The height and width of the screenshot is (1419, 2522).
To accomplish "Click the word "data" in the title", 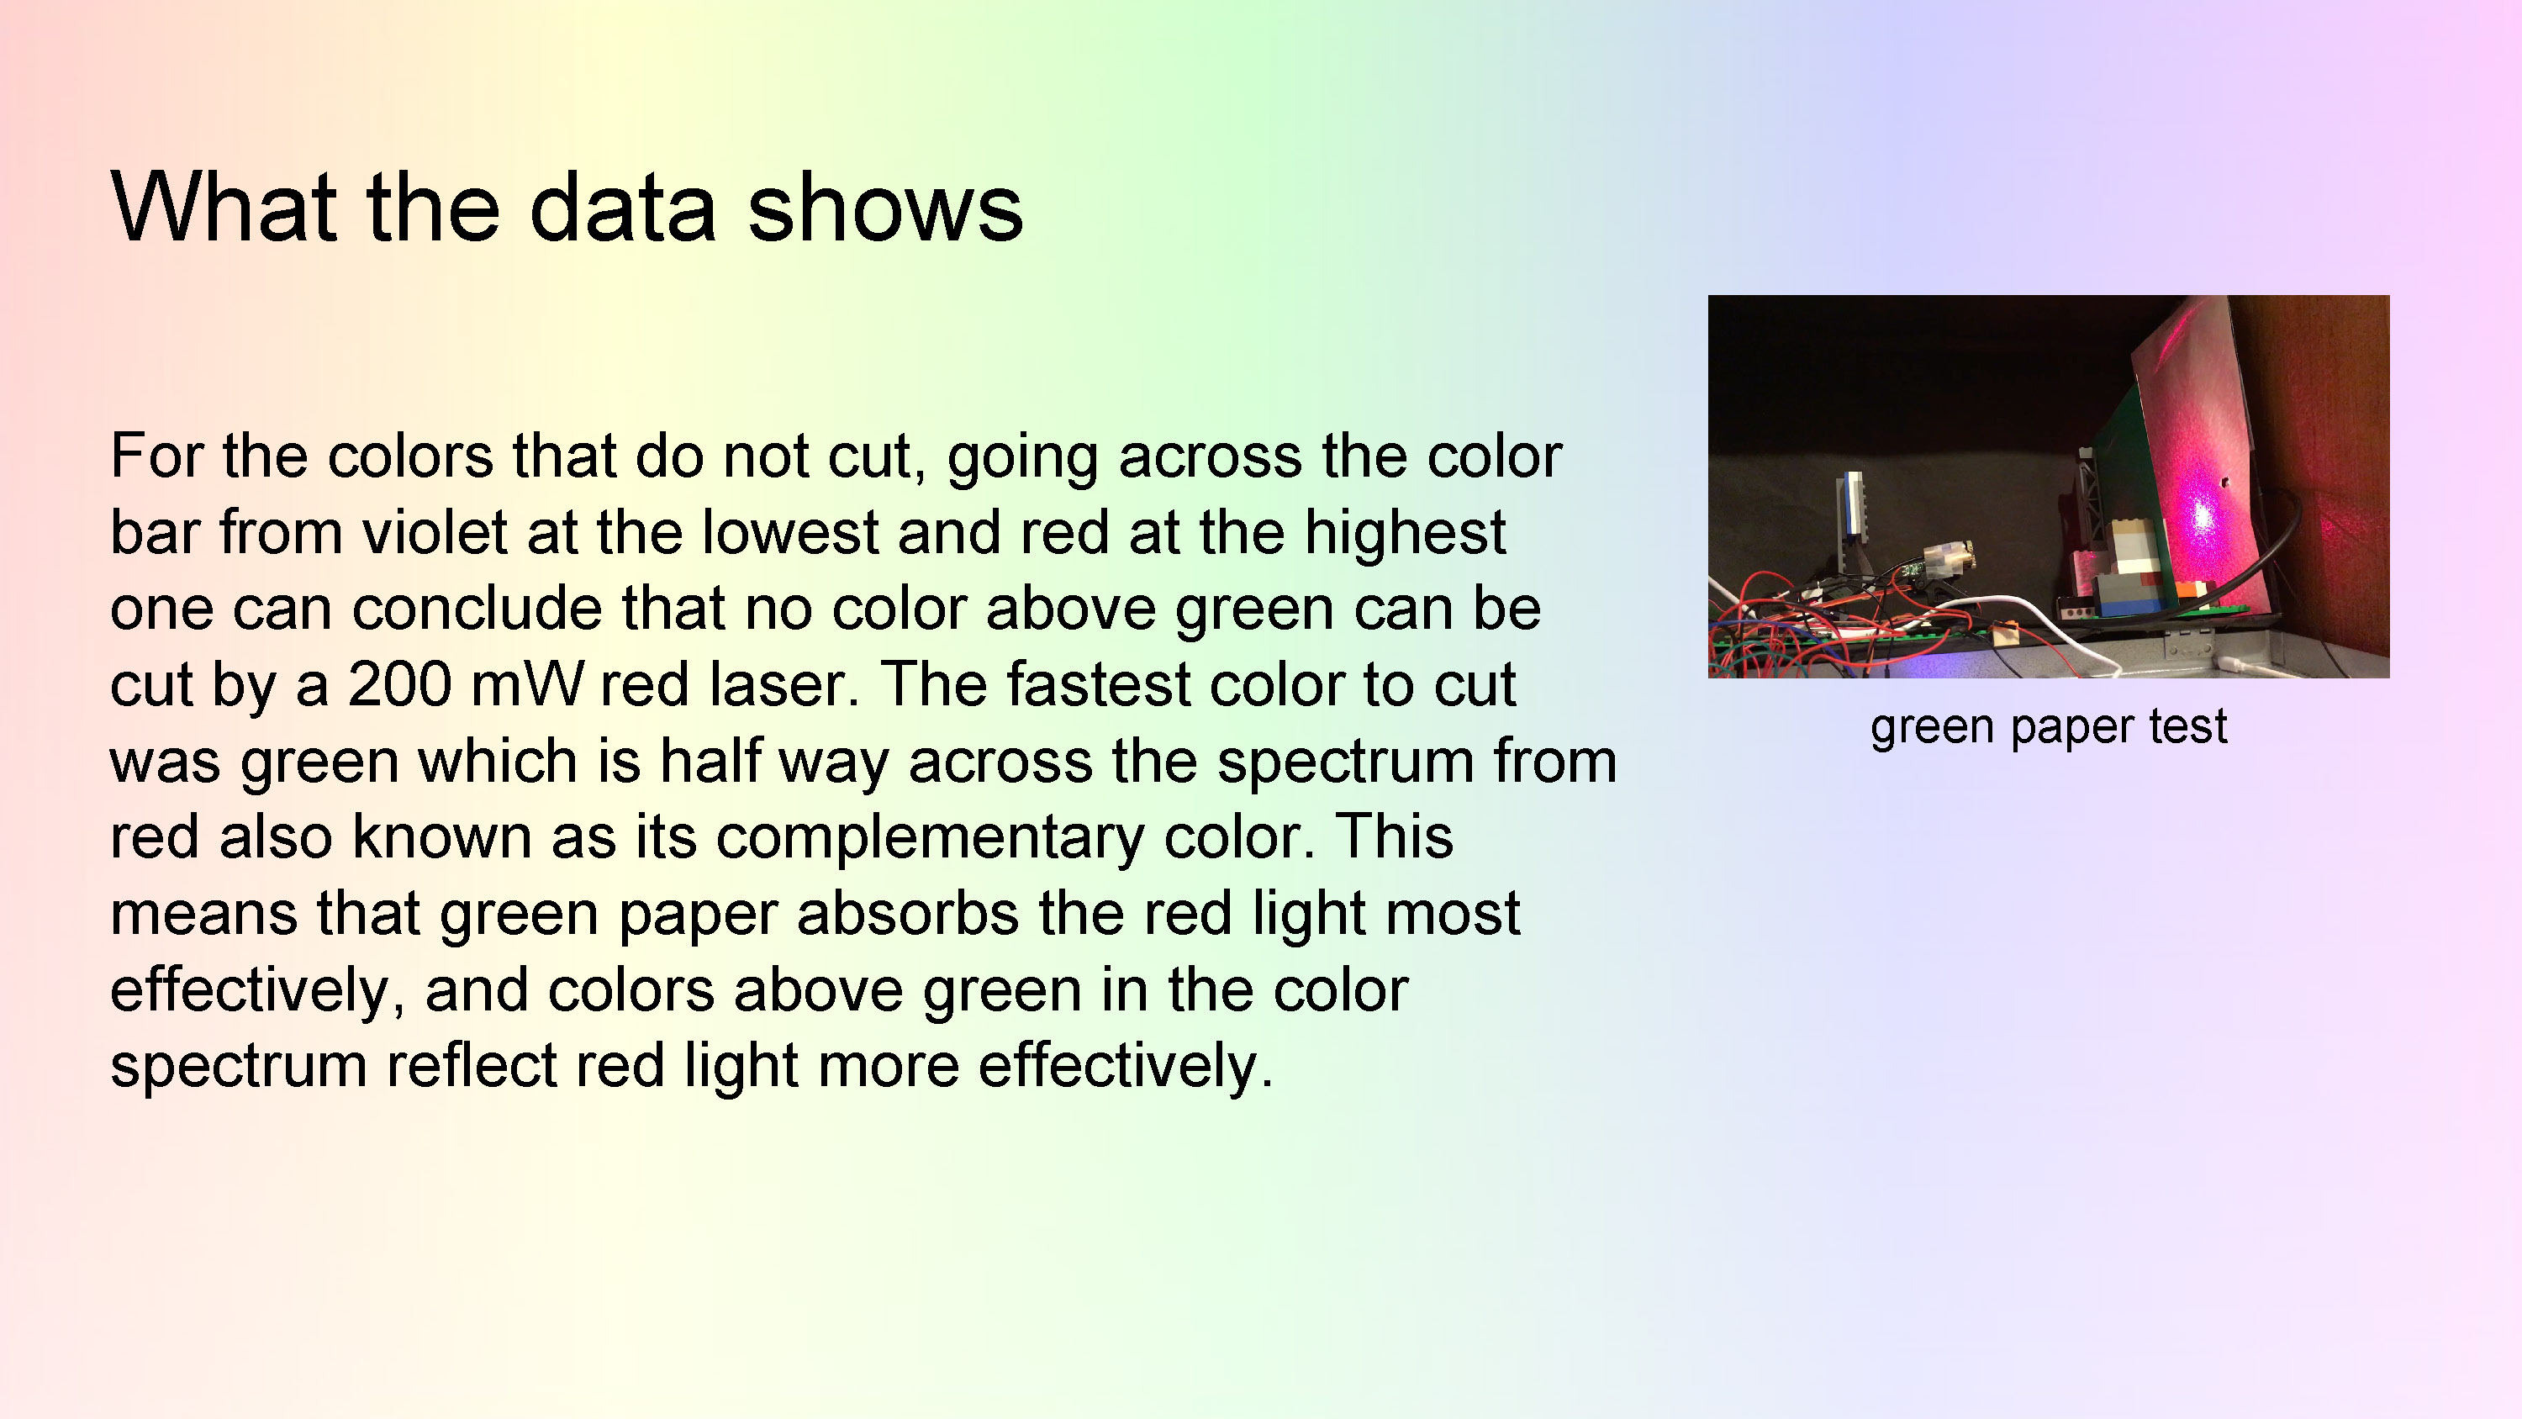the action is [x=624, y=207].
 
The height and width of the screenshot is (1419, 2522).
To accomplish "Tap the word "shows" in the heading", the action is [x=885, y=207].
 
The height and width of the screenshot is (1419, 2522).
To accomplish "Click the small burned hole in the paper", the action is [x=2225, y=482].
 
